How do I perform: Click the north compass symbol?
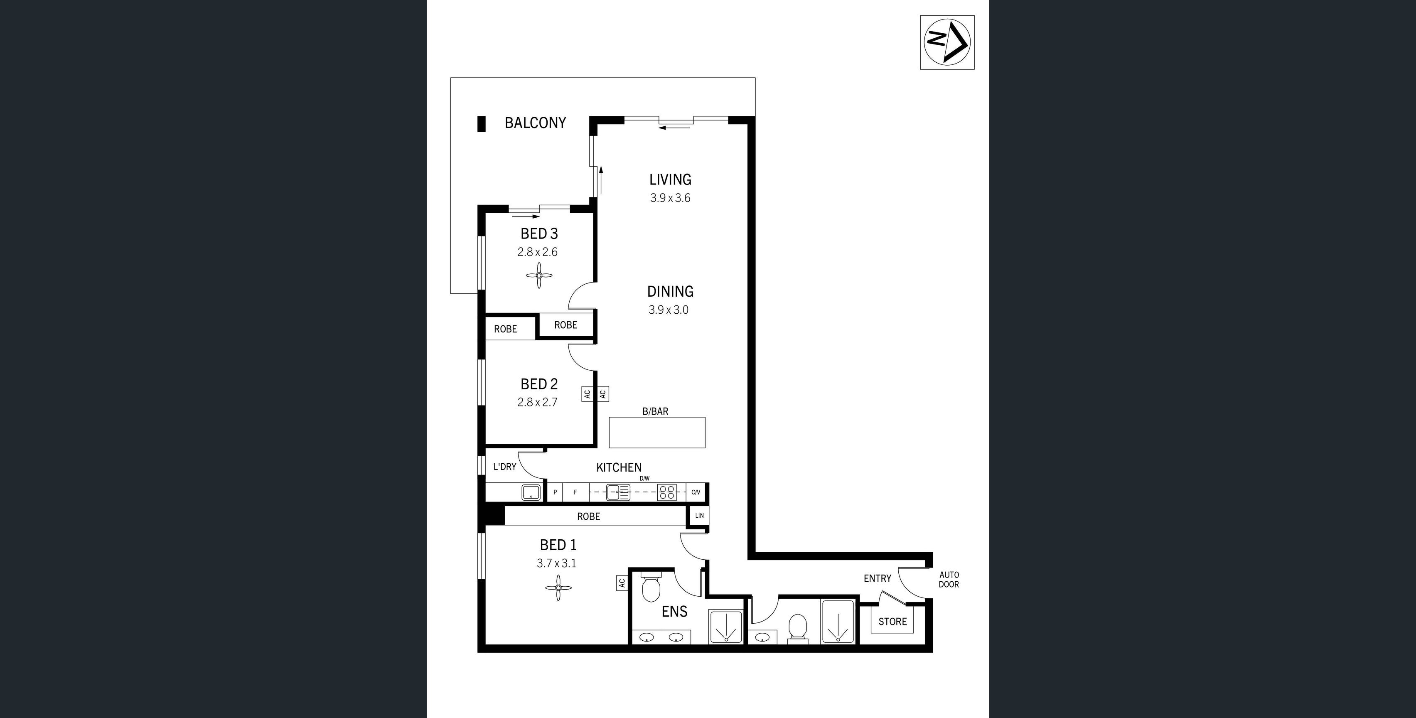click(x=947, y=42)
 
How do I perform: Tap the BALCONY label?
click(x=536, y=123)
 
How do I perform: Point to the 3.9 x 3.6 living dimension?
click(x=670, y=198)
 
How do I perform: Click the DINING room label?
click(x=670, y=291)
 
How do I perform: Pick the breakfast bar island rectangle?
click(x=657, y=433)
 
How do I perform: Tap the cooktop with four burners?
click(x=667, y=492)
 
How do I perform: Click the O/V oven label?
click(x=696, y=492)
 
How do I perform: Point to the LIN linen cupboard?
click(x=699, y=516)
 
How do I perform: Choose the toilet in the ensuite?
click(x=651, y=588)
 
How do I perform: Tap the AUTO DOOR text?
click(x=949, y=580)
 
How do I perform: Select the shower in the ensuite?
click(x=725, y=626)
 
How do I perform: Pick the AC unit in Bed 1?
click(x=622, y=583)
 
